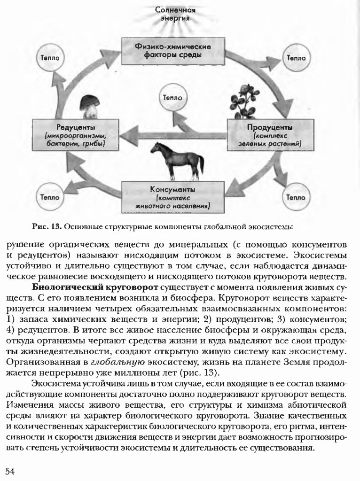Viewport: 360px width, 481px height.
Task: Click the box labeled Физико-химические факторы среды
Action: [x=172, y=51]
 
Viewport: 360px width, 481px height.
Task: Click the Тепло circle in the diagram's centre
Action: [x=172, y=98]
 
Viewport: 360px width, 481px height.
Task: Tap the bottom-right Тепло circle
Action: [x=296, y=197]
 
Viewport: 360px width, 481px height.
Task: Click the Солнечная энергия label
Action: [x=175, y=14]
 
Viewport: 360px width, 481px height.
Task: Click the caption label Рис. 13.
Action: [x=47, y=227]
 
